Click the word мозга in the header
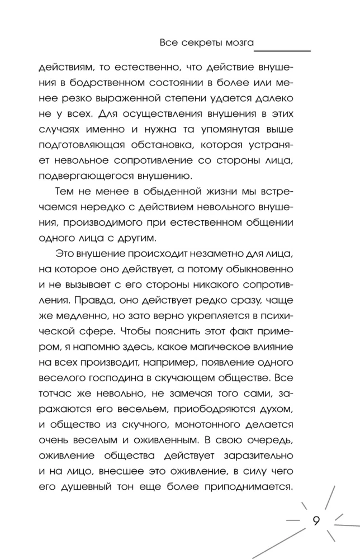click(x=240, y=42)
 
